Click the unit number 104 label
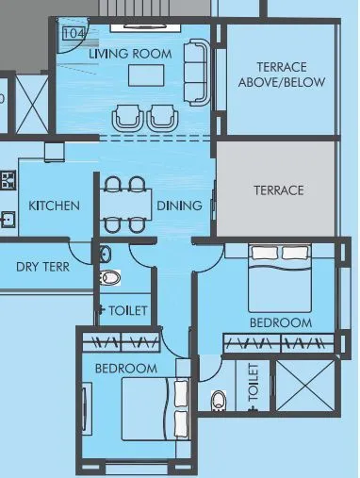point(72,33)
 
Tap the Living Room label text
point(130,54)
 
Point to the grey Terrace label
point(278,190)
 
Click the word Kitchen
point(54,206)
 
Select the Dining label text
point(179,206)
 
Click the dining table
point(125,205)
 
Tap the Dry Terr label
point(41,265)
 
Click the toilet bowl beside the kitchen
point(109,279)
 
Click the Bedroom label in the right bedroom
point(280,323)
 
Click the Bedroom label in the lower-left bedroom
point(125,368)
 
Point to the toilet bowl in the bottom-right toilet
point(219,402)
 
